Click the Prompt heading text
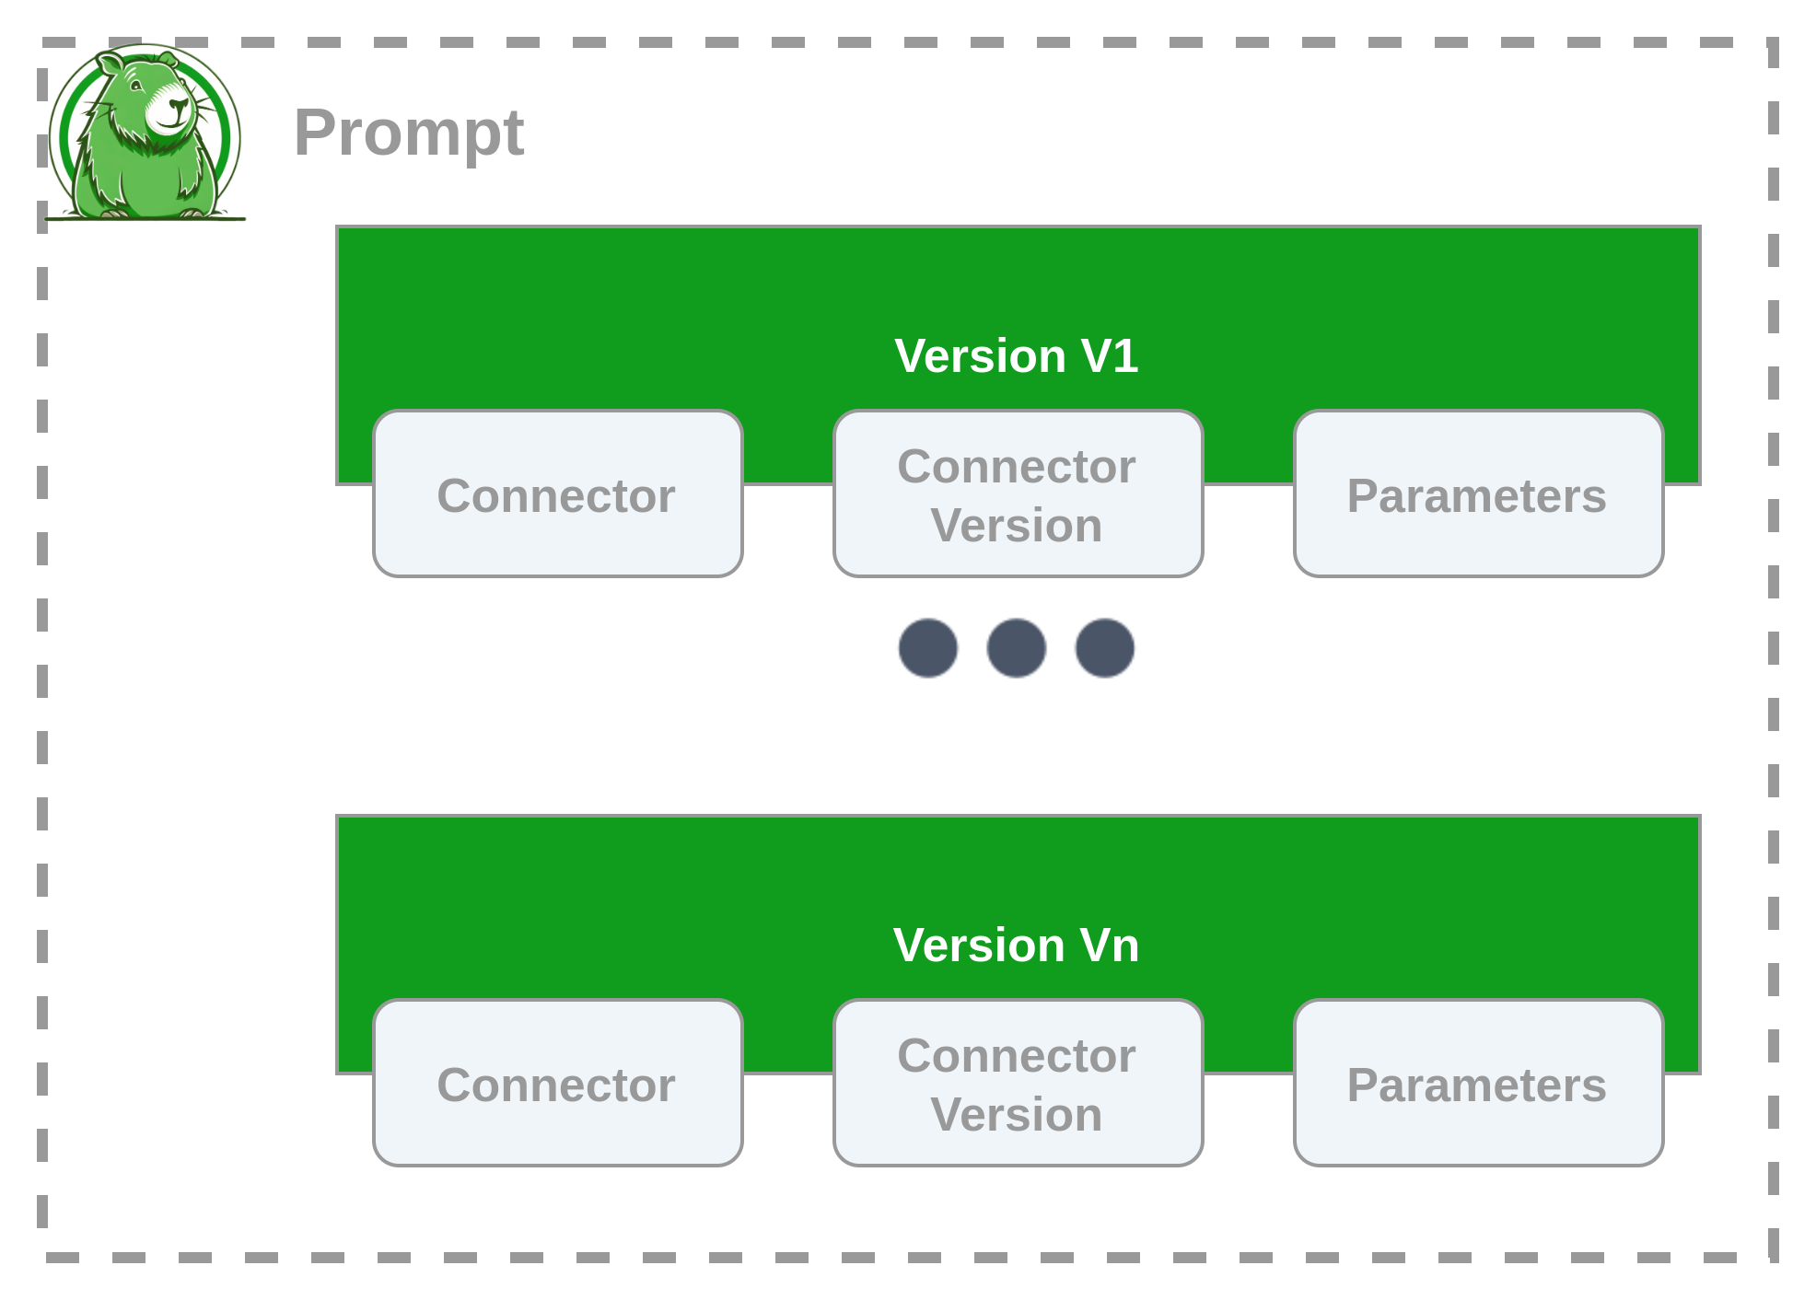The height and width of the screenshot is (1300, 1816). [409, 133]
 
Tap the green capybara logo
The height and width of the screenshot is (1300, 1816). [146, 133]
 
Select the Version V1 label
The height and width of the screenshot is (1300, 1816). [1017, 355]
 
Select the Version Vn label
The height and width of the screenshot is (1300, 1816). [1017, 945]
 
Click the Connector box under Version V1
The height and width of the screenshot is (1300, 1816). [557, 494]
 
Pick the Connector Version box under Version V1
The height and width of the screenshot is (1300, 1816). [1018, 494]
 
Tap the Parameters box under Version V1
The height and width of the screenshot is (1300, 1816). [1478, 494]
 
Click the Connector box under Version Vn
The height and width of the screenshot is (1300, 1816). [557, 1084]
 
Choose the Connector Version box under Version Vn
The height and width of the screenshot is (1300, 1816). [1018, 1084]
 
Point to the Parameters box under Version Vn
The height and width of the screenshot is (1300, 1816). [1478, 1084]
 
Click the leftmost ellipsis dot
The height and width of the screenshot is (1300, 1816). [928, 648]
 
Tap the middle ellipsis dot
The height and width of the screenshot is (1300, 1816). [1017, 648]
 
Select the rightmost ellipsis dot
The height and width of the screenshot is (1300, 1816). [1105, 648]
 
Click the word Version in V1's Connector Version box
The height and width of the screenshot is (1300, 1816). [1017, 526]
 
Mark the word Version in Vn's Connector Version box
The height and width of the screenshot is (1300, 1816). [1017, 1115]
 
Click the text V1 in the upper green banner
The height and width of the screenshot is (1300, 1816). [1111, 355]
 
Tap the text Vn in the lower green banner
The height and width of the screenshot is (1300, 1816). [1111, 945]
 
